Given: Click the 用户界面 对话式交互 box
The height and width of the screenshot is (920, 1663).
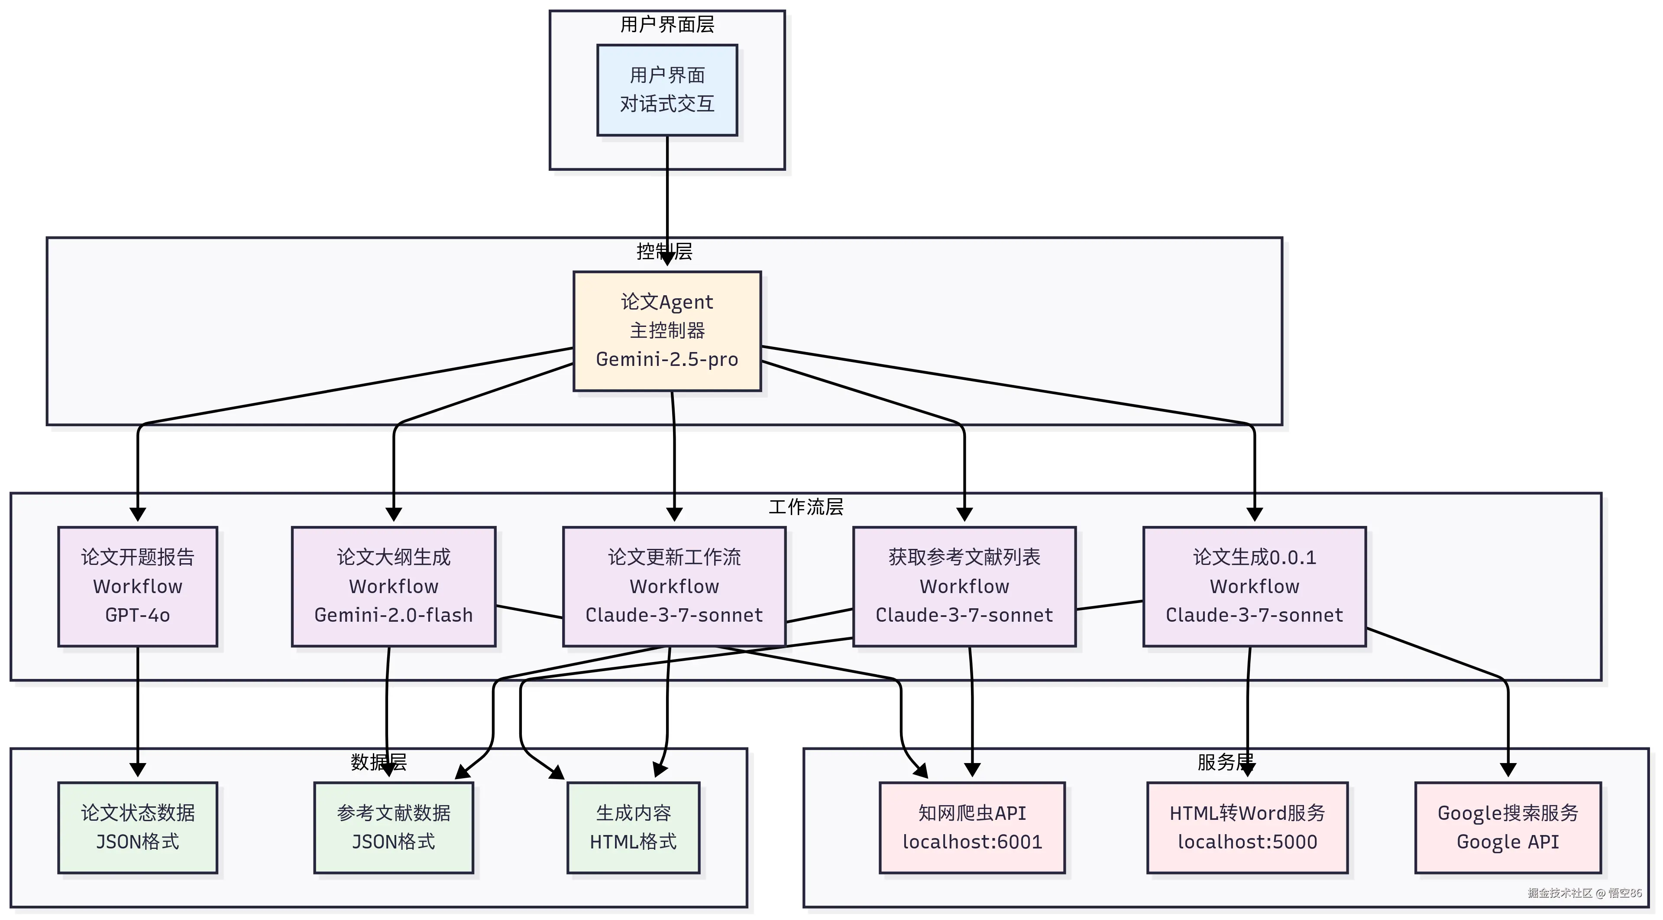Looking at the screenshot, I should [x=667, y=90].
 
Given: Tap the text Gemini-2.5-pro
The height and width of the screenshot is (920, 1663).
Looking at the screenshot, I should [x=667, y=359].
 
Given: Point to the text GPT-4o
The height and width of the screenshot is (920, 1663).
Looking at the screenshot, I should [x=138, y=615].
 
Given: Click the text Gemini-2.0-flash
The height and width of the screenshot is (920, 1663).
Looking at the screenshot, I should [x=393, y=615].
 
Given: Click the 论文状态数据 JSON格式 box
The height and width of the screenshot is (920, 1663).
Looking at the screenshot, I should [x=138, y=828].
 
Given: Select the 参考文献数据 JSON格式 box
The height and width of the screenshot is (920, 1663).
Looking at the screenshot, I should [x=393, y=828].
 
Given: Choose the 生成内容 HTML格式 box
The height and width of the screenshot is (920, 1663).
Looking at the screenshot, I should [x=633, y=828].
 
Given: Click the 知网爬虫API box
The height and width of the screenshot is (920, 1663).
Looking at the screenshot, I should [x=971, y=828].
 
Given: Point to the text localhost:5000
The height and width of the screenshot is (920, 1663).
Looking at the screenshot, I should [x=1247, y=842].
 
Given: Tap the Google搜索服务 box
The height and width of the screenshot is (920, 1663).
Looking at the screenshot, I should [x=1508, y=828].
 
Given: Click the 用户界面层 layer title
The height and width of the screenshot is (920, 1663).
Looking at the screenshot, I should [x=667, y=25].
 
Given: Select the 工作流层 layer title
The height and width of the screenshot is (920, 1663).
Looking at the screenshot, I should [x=806, y=506].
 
